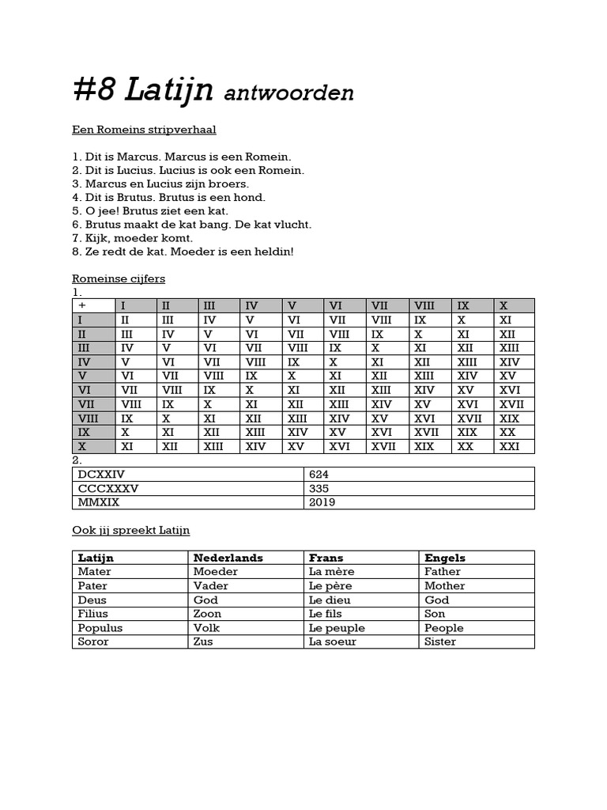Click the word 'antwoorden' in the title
tap(288, 93)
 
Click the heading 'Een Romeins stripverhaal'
tap(144, 129)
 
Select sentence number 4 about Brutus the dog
tap(168, 197)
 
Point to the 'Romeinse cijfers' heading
tap(119, 278)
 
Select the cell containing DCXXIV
tap(188, 474)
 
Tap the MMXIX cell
tap(188, 502)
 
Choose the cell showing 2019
tap(322, 502)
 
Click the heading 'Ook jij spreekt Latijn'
tap(131, 530)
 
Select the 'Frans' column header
tap(326, 558)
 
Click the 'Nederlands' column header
tap(228, 558)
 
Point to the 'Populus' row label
tap(100, 627)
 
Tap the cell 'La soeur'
tap(332, 642)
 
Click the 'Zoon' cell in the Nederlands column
tap(207, 613)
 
